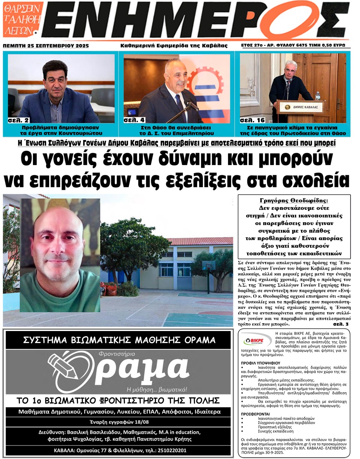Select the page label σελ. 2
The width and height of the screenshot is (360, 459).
[x=18, y=120]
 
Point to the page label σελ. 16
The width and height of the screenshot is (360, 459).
[x=252, y=120]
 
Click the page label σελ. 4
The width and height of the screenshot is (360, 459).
[x=133, y=120]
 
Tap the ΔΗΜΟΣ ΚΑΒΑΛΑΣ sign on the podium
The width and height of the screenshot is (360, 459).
[x=300, y=107]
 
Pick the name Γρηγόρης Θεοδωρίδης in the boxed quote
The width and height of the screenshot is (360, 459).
[x=294, y=200]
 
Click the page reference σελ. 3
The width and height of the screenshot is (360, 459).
[x=340, y=324]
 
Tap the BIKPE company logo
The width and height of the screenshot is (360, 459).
[x=256, y=341]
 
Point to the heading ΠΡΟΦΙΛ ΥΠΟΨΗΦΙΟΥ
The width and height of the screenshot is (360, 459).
[x=260, y=363]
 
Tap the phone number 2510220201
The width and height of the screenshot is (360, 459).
[x=172, y=450]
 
